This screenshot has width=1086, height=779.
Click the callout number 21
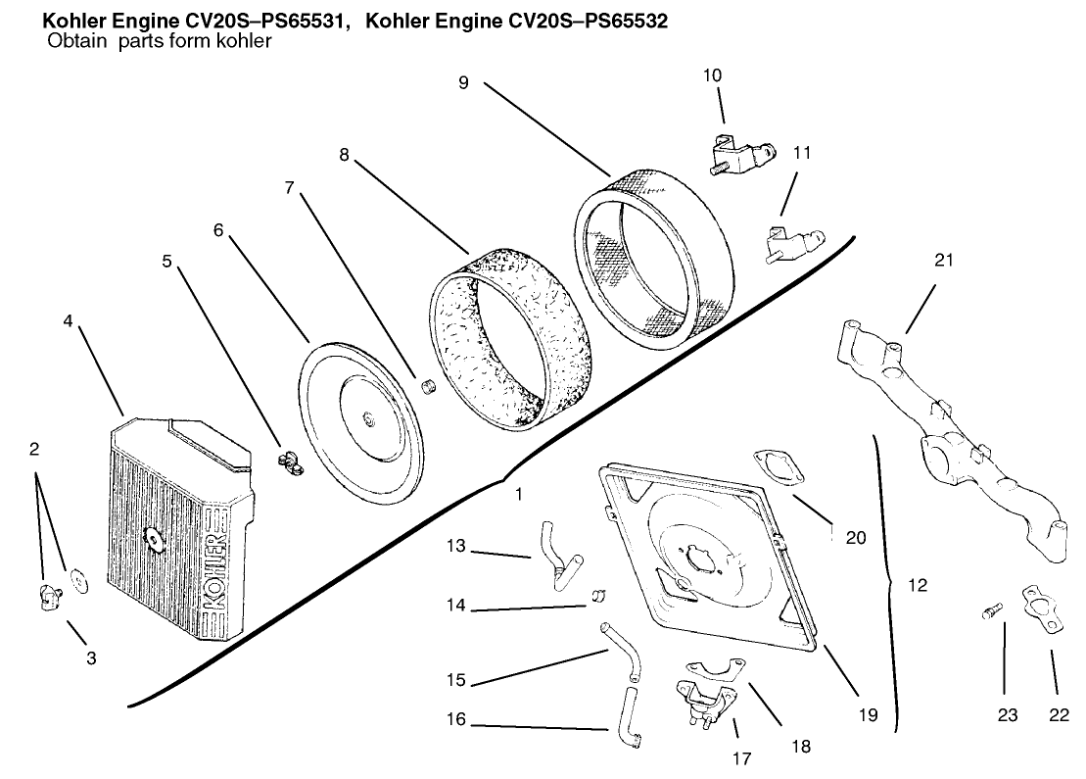click(x=943, y=261)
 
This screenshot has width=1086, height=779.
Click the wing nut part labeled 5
click(x=288, y=458)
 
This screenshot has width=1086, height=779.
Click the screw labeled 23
click(x=990, y=613)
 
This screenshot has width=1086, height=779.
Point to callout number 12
click(x=917, y=585)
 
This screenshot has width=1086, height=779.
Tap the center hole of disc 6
click(x=366, y=420)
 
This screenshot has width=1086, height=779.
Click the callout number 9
click(x=463, y=83)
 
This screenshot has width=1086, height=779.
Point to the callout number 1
click(x=518, y=495)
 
